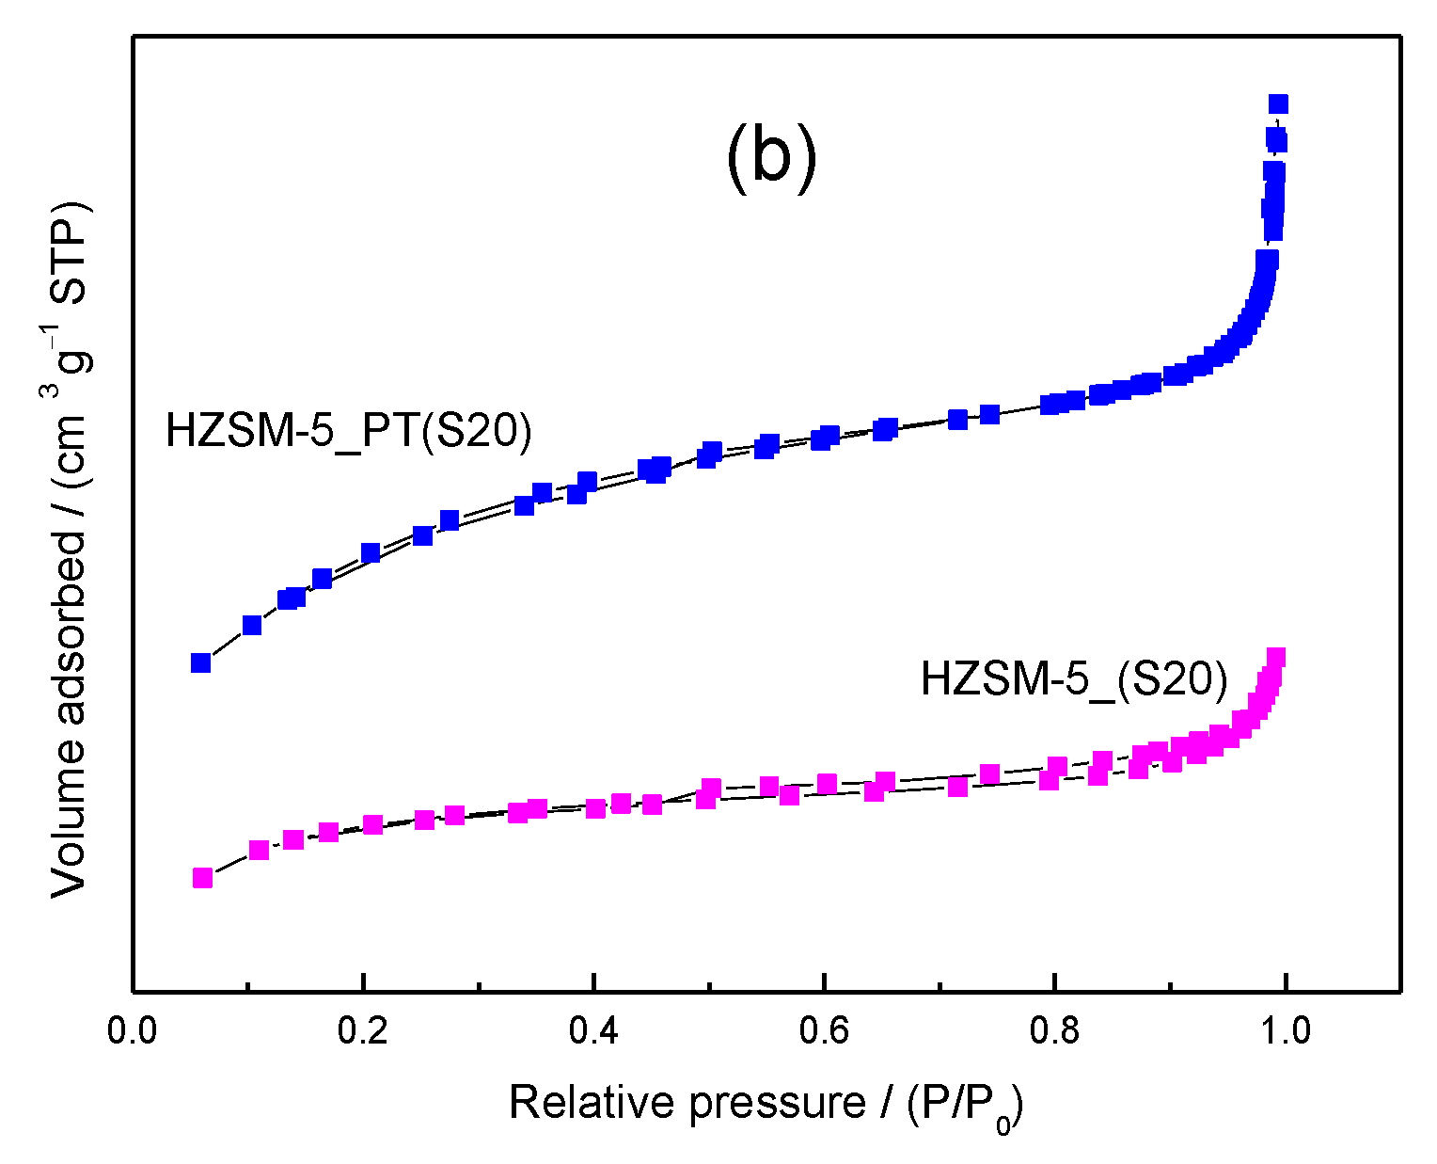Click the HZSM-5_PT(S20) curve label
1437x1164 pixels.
(349, 431)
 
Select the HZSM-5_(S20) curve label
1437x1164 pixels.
(1074, 678)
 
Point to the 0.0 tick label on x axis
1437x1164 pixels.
(133, 1030)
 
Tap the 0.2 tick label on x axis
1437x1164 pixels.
(363, 1030)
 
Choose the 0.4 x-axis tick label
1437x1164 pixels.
(593, 1030)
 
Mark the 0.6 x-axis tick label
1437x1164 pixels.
(824, 1030)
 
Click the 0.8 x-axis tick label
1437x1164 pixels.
(1054, 1030)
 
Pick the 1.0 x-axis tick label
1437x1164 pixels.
(1285, 1030)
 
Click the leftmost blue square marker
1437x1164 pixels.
(200, 662)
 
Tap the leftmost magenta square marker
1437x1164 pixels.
(202, 877)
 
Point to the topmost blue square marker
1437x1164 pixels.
(1278, 104)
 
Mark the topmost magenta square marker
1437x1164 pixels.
(1276, 657)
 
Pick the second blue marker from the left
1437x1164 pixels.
(252, 625)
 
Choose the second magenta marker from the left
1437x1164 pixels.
(259, 850)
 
